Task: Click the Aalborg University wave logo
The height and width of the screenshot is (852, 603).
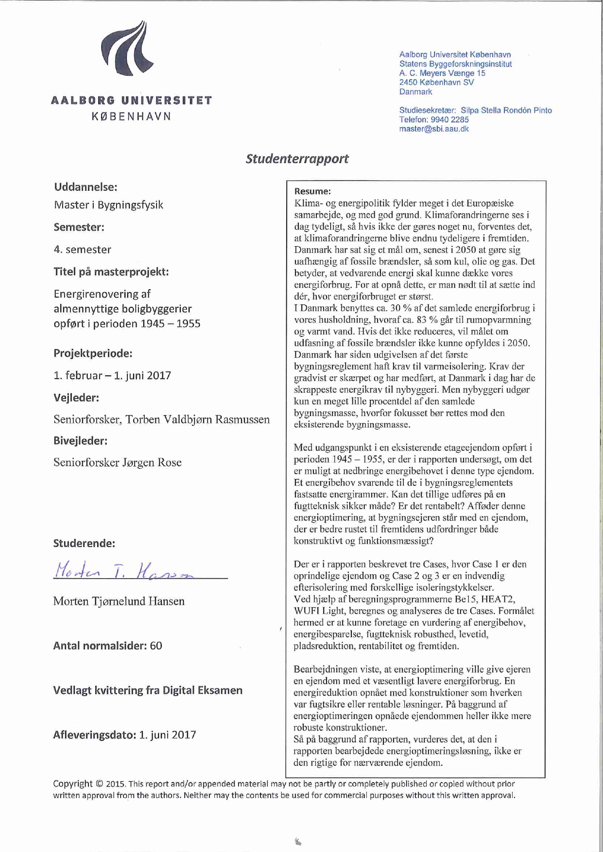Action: pyautogui.click(x=127, y=49)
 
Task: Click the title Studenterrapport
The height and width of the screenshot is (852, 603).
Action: pyautogui.click(x=297, y=159)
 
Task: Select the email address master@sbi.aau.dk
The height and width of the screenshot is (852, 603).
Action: pyautogui.click(x=434, y=129)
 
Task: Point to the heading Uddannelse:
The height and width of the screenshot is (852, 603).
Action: pyautogui.click(x=86, y=187)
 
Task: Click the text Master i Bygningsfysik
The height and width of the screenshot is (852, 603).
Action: pyautogui.click(x=108, y=205)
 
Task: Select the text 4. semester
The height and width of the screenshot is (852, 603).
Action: pyautogui.click(x=82, y=250)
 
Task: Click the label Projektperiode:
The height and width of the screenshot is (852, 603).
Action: pyautogui.click(x=93, y=353)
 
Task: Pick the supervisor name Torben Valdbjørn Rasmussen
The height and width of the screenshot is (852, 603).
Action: pyautogui.click(x=198, y=419)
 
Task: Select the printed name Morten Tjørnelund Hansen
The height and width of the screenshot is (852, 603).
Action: pyautogui.click(x=119, y=601)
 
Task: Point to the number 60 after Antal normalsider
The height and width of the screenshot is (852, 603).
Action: pyautogui.click(x=156, y=646)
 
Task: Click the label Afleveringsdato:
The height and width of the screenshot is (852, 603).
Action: pyautogui.click(x=94, y=735)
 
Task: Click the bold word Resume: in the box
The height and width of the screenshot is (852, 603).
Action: pyautogui.click(x=312, y=191)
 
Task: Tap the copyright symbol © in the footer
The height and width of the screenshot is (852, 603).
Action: pyautogui.click(x=99, y=784)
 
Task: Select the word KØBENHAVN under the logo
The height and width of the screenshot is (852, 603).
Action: pyautogui.click(x=131, y=117)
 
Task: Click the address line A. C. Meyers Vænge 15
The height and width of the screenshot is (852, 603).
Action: pyautogui.click(x=442, y=73)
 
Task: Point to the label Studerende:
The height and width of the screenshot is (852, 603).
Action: pyautogui.click(x=84, y=544)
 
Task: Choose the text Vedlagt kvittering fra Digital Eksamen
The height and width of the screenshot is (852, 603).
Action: pyautogui.click(x=148, y=690)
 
